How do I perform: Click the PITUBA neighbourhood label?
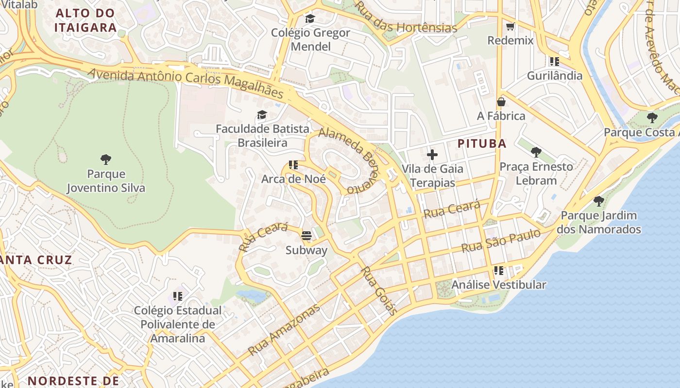[x=482, y=144]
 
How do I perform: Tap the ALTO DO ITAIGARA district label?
[x=85, y=20]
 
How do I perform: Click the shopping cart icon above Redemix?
[x=510, y=27]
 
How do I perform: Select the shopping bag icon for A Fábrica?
[x=501, y=102]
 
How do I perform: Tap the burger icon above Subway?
[x=306, y=236]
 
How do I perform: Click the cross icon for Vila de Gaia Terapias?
[x=432, y=155]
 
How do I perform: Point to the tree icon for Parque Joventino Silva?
[x=106, y=160]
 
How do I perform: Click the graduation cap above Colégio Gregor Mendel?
[x=310, y=19]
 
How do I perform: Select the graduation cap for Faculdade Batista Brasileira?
[x=262, y=115]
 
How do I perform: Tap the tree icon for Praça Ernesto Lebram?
[x=536, y=152]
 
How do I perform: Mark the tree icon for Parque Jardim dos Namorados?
[x=599, y=201]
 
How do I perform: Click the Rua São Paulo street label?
[x=500, y=241]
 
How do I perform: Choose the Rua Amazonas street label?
[x=284, y=329]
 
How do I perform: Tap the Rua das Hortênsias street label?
[x=405, y=17]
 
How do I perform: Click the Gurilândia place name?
[x=554, y=76]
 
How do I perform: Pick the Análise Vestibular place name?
[x=499, y=285]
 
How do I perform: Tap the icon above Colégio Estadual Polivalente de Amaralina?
[x=178, y=295]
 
